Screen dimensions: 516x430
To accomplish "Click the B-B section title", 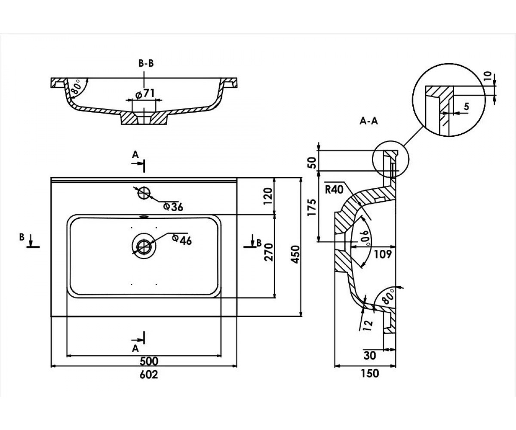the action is tap(146, 64).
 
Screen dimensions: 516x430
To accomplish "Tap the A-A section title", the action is tap(369, 121).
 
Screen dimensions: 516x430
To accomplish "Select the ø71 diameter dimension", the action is tap(145, 94).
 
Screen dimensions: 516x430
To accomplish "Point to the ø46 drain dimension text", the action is tap(182, 240).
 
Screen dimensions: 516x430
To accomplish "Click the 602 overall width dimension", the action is tap(149, 375).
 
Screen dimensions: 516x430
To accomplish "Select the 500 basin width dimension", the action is tap(149, 361).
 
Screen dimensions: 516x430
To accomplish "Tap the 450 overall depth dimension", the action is tap(295, 255).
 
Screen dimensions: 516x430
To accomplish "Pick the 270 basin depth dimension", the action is tap(269, 252).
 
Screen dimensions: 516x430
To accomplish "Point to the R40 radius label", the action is tap(334, 190).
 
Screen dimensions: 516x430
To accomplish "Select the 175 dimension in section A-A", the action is tap(312, 207).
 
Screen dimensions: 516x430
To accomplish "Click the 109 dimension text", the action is tap(382, 254).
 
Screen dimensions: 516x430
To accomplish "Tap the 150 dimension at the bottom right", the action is tap(370, 373).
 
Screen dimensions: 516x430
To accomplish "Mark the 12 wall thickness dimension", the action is tap(368, 326).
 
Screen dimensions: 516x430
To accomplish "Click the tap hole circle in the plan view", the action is tap(144, 193).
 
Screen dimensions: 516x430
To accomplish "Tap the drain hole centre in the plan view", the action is tap(144, 246).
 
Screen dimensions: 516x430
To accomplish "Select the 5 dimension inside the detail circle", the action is tap(466, 107).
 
